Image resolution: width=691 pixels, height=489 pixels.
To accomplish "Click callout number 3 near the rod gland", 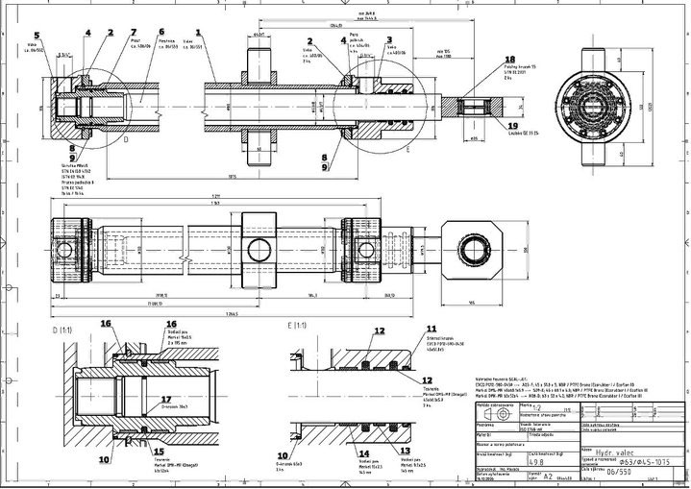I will [x=388, y=41].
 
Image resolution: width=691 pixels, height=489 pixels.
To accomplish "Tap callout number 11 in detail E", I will [x=432, y=328].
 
